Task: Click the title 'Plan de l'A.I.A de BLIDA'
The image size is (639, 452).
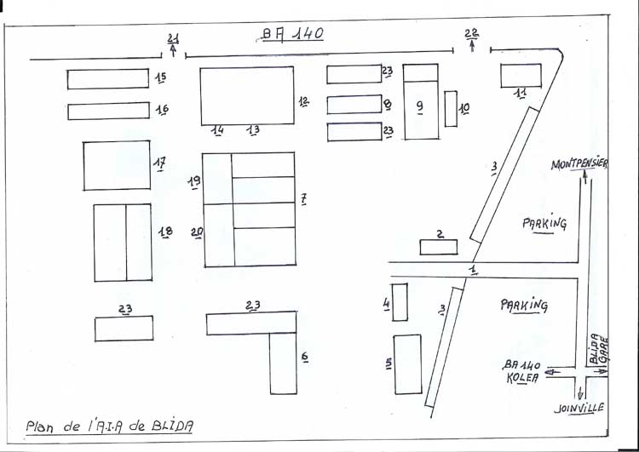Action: pyautogui.click(x=108, y=426)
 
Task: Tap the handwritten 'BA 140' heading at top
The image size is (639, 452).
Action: pyautogui.click(x=291, y=35)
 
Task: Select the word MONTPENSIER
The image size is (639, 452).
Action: pyautogui.click(x=579, y=164)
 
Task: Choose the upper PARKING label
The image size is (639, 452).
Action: pyautogui.click(x=544, y=223)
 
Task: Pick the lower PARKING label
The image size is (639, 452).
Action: pyautogui.click(x=524, y=304)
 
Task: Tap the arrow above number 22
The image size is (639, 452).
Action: pyautogui.click(x=472, y=46)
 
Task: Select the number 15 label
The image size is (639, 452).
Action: pyautogui.click(x=160, y=77)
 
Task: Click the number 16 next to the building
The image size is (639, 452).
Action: pyautogui.click(x=162, y=110)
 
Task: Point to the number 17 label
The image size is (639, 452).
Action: pyautogui.click(x=159, y=163)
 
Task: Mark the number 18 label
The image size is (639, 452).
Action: pyautogui.click(x=165, y=232)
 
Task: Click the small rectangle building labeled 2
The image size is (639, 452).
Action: pyautogui.click(x=438, y=247)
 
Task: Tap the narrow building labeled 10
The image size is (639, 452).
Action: pyautogui.click(x=451, y=109)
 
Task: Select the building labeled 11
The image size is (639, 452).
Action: pyautogui.click(x=520, y=75)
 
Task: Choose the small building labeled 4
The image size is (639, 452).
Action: pyautogui.click(x=400, y=301)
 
